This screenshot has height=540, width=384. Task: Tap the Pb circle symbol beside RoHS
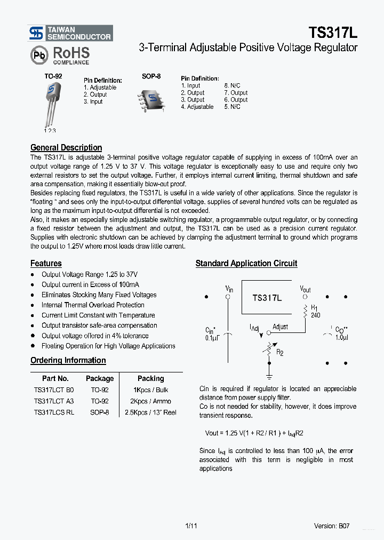tap(38, 55)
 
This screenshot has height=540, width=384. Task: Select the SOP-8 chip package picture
tap(151, 98)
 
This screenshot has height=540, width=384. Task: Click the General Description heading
tap(66, 148)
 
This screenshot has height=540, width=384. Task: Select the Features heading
tap(46, 264)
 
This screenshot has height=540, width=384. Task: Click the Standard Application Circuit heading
tap(246, 264)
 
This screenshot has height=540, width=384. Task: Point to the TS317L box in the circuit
tap(266, 298)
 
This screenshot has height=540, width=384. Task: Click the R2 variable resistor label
tap(280, 352)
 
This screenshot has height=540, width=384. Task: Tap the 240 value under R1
tap(315, 315)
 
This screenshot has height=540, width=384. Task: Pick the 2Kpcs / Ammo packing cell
tap(150, 401)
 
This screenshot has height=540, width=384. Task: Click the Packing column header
tap(150, 378)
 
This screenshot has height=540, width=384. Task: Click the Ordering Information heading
tap(68, 361)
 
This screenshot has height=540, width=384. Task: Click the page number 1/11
tap(191, 526)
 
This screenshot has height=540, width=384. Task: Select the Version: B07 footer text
tap(332, 526)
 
